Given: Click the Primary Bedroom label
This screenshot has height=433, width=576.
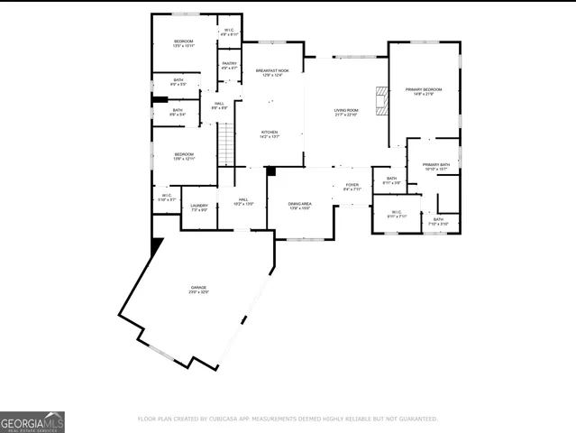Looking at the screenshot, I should coord(423,90).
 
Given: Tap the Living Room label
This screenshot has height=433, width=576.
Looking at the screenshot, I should coord(345,112).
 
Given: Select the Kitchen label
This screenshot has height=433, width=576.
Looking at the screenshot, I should coord(270,134).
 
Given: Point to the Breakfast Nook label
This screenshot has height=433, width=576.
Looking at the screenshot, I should coord(271,72).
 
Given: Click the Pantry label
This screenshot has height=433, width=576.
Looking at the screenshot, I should coord(229,65).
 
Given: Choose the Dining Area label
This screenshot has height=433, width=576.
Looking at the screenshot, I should coord(299,206).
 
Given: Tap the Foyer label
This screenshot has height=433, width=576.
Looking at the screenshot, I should coord(352,187).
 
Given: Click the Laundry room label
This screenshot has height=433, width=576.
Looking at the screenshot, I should coord(199,207).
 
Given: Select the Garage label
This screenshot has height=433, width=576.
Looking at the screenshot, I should coord(198,290).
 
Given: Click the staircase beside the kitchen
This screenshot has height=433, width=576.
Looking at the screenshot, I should coord(225,144).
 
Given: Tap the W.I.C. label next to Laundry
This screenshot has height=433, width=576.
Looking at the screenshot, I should coord(167,197).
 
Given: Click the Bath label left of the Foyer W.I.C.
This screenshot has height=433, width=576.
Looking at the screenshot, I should coord(391,180).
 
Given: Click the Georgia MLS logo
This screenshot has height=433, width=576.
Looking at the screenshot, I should coord(32,422).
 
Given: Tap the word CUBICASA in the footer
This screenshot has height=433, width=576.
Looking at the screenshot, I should coord(231,419).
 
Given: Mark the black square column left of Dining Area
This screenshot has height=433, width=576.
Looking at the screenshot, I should coord(270,171).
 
